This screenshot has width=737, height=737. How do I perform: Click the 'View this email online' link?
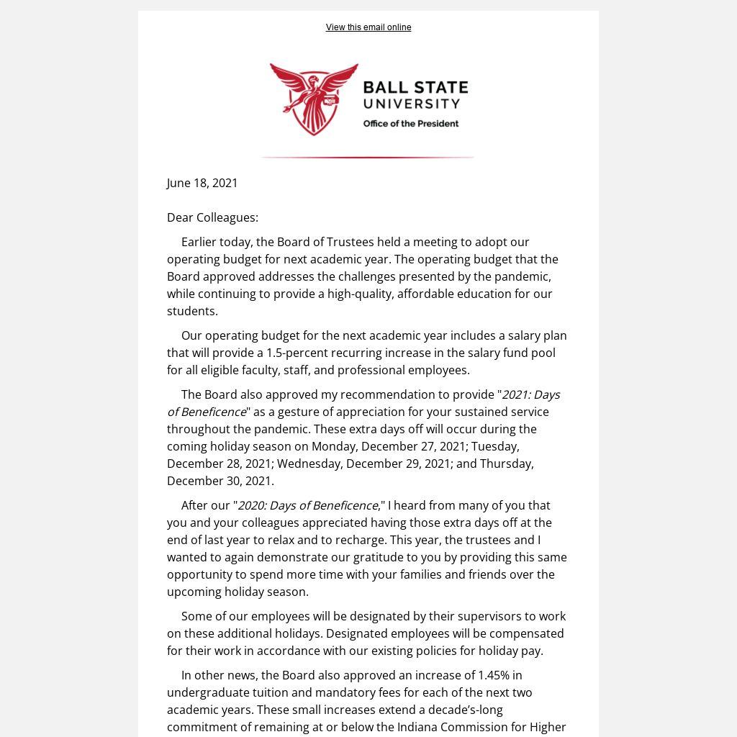[x=368, y=27]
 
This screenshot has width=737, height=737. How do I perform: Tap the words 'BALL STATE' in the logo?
[x=415, y=89]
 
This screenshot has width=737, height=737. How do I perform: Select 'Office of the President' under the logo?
[x=410, y=124]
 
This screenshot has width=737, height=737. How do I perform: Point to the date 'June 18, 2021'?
[x=202, y=183]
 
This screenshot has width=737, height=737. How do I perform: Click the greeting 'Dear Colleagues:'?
[x=212, y=217]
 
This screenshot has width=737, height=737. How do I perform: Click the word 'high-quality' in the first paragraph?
[x=359, y=294]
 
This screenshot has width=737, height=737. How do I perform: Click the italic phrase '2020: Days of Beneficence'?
[x=307, y=505]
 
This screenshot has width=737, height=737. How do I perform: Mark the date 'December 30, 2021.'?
[x=220, y=481]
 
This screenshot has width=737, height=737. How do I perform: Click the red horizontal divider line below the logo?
[x=367, y=157]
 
